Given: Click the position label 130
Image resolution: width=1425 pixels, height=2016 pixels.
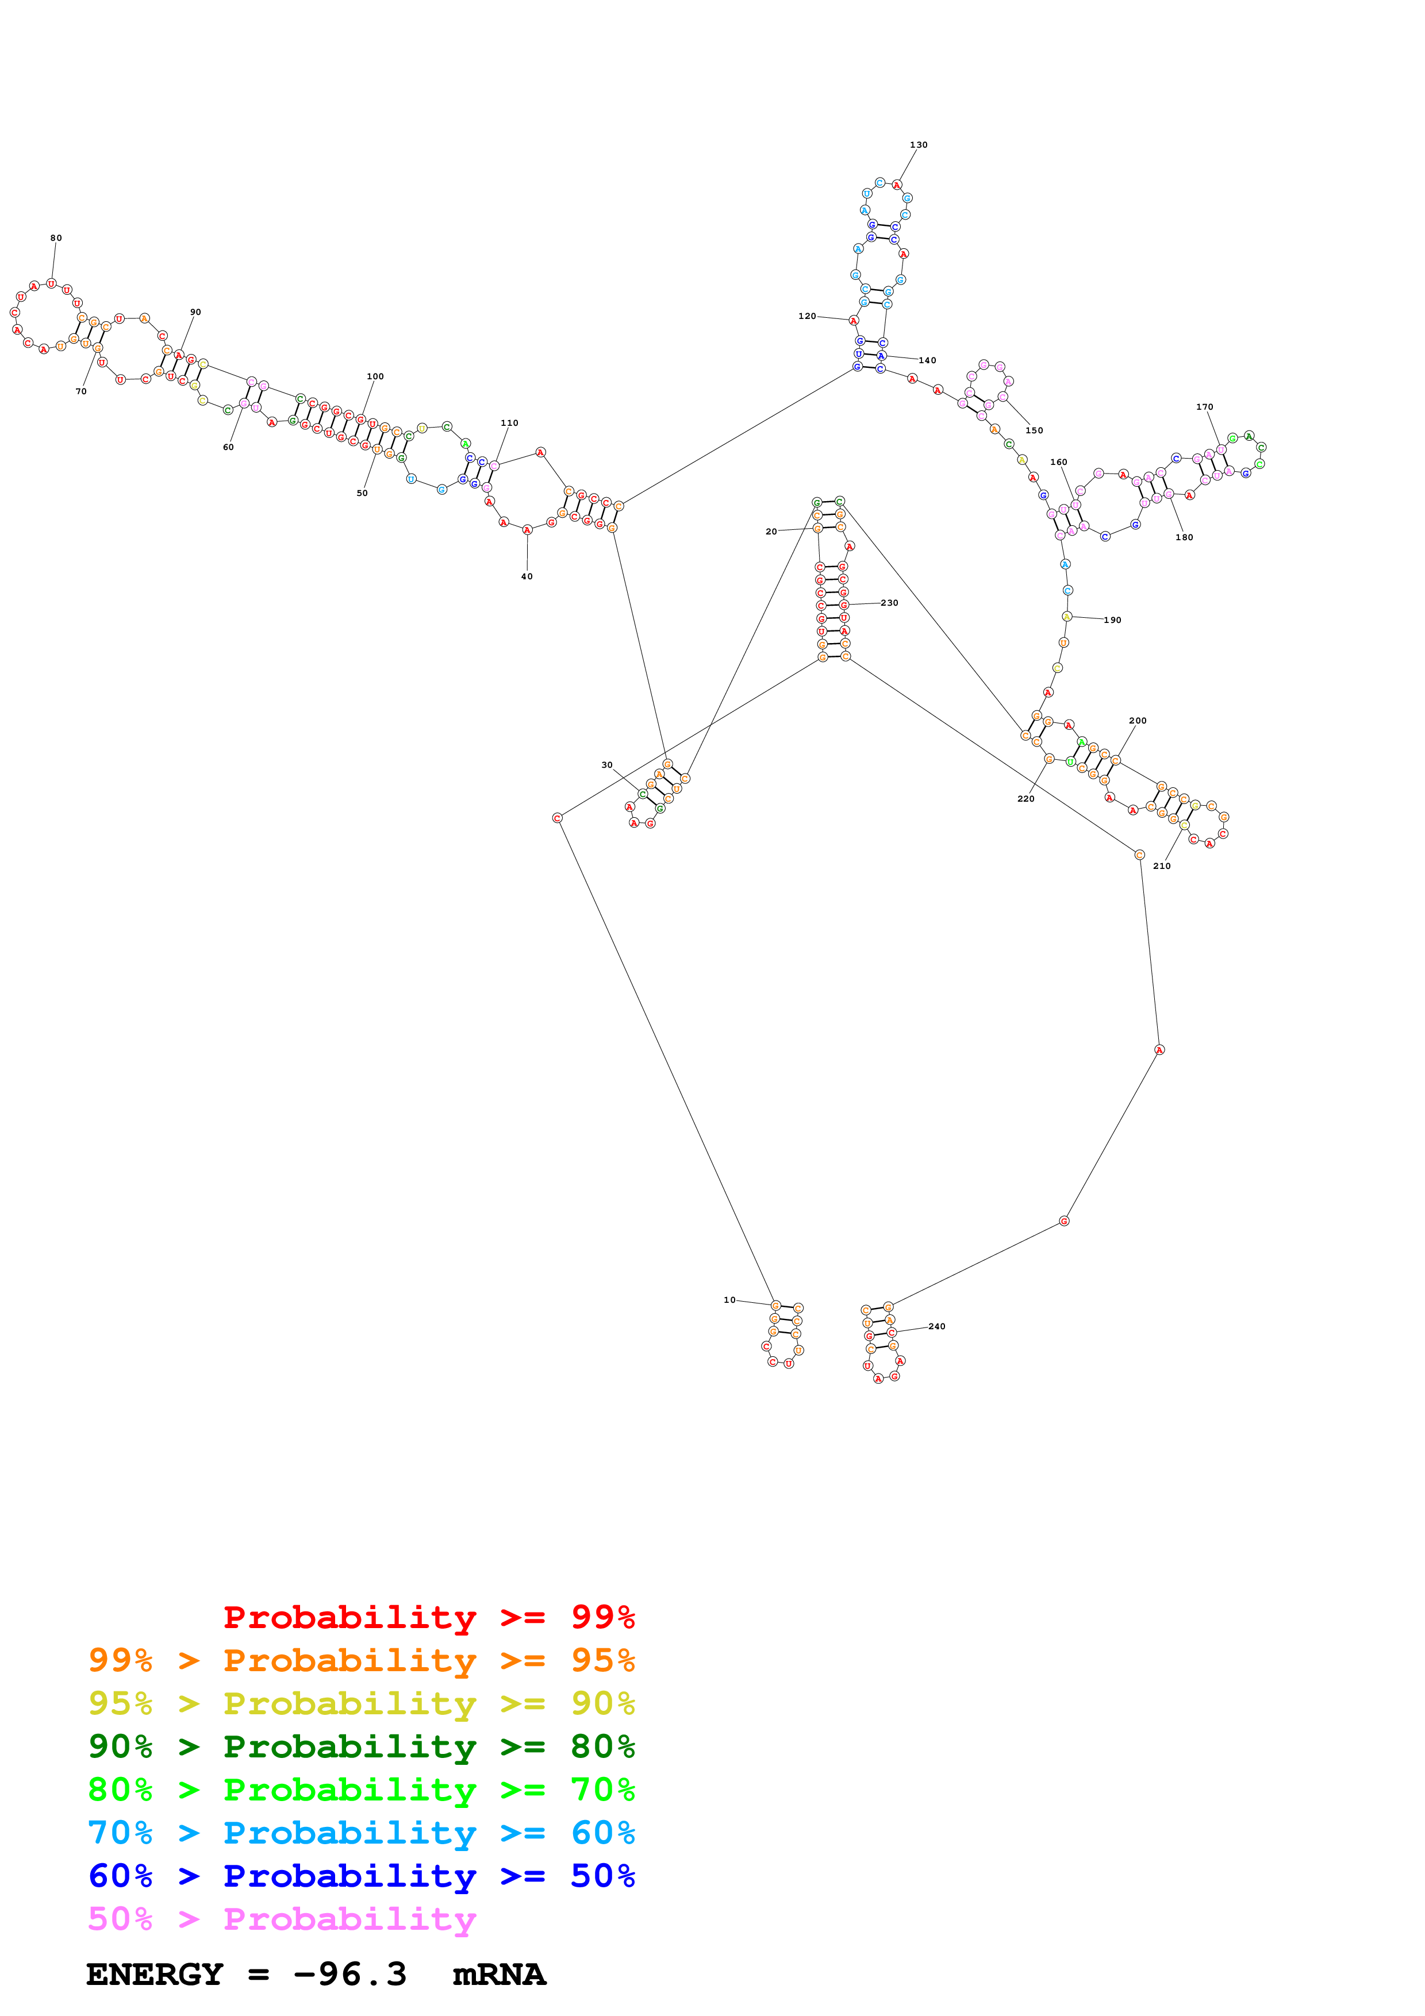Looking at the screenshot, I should point(919,145).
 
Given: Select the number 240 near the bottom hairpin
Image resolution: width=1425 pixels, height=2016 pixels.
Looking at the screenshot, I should point(937,1327).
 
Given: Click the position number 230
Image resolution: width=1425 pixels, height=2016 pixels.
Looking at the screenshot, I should point(889,603).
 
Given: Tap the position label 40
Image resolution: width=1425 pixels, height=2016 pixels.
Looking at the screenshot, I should point(527,577).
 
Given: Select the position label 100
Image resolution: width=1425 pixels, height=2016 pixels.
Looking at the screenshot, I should point(375,376).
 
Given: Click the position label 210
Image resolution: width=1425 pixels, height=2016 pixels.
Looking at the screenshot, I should point(1162,865).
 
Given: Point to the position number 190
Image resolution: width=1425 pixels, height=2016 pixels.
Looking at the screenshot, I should point(1112,620).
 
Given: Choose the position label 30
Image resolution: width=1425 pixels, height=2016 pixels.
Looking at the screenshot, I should point(606,765).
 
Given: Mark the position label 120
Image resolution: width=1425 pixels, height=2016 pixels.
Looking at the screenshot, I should point(807,316).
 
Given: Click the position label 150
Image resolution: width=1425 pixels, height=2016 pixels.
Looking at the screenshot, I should point(1034,430).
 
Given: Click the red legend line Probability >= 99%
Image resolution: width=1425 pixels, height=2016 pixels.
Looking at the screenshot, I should point(428,1617).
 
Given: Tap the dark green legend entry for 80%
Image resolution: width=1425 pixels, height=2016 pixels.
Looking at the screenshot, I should point(362,1746).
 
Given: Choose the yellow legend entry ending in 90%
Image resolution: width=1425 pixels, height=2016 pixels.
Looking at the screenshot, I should point(362,1703).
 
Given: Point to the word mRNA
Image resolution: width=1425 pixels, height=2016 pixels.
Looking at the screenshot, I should point(499,1975).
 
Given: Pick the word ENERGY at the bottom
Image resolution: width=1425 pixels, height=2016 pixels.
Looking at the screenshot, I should point(155,1975).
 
